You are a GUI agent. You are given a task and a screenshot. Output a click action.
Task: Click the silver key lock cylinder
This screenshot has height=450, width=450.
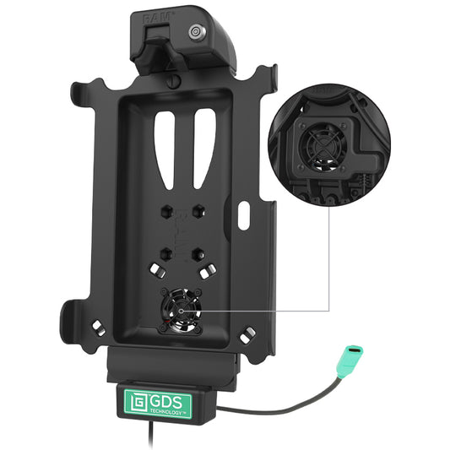197,31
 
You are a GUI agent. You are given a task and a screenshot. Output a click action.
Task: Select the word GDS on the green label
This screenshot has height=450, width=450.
166,402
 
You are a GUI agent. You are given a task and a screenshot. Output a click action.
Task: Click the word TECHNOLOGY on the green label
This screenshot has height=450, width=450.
165,411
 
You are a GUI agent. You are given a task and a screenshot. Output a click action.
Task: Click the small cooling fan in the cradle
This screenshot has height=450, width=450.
181,311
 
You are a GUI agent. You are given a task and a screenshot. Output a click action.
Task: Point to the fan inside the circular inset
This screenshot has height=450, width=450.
323,147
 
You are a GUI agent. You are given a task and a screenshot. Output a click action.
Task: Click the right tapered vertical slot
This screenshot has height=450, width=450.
204,149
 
